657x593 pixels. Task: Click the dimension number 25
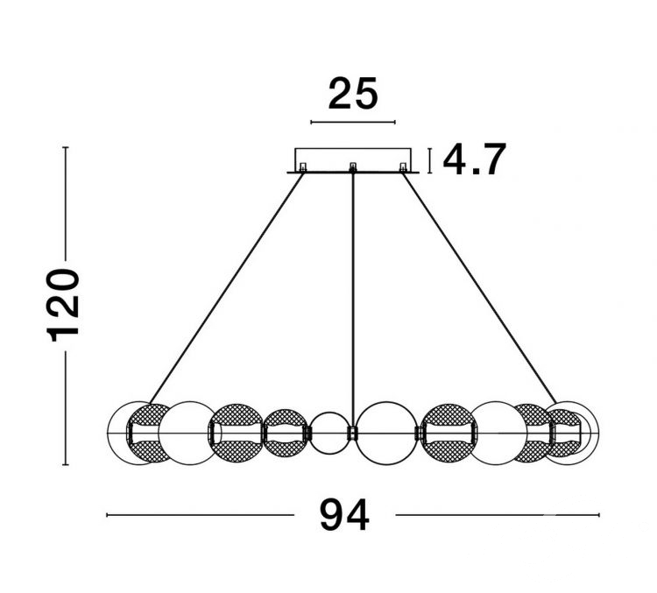tap(353, 94)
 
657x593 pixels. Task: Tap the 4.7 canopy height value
tap(474, 159)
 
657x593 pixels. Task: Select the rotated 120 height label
tap(64, 306)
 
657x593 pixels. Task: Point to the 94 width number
tap(344, 515)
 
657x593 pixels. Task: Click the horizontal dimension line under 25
tap(353, 123)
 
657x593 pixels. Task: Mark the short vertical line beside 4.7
tap(429, 160)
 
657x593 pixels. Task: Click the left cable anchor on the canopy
tap(302, 167)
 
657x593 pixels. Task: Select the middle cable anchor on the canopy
tap(353, 167)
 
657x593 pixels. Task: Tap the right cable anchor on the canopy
tap(403, 167)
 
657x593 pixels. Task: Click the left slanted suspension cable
tap(227, 288)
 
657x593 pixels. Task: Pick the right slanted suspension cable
tap(479, 288)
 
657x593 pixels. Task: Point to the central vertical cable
tap(353, 300)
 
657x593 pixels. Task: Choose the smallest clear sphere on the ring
tap(328, 434)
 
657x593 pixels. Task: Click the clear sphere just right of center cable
tap(386, 434)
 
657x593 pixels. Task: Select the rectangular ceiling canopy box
tap(353, 160)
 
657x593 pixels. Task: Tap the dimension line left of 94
tap(201, 515)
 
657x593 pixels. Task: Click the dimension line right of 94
tap(498, 515)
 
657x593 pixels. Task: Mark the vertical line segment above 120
tap(66, 204)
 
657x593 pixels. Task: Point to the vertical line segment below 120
tap(66, 408)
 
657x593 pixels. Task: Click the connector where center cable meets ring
tap(352, 433)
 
